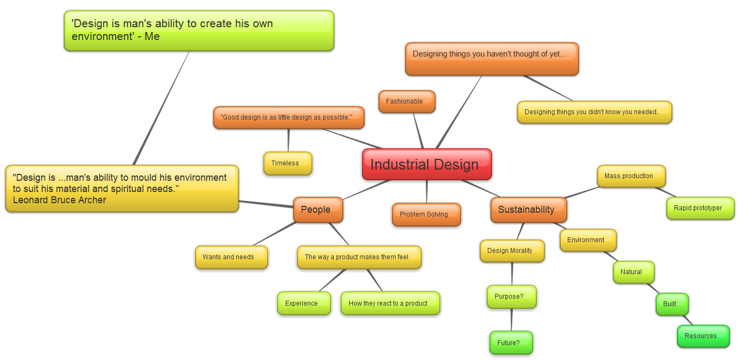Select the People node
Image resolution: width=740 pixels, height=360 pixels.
click(x=317, y=210)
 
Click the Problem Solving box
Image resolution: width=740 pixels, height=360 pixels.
click(x=426, y=214)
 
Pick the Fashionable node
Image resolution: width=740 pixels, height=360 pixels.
click(x=406, y=101)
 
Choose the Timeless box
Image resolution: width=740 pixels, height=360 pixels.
click(x=287, y=163)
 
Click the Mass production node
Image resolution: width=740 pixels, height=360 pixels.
click(x=631, y=176)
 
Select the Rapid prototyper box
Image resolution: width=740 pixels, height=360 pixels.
click(x=699, y=208)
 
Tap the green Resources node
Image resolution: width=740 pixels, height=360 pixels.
click(x=702, y=336)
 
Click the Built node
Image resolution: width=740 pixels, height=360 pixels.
click(x=671, y=304)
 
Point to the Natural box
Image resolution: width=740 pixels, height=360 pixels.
click(x=633, y=272)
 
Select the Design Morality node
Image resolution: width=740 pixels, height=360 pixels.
click(x=511, y=251)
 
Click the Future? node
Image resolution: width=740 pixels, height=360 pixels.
click(x=510, y=343)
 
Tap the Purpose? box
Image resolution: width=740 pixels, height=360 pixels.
click(x=511, y=297)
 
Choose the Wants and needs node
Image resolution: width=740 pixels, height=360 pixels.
click(x=230, y=257)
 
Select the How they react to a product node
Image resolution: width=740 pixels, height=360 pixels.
click(x=390, y=303)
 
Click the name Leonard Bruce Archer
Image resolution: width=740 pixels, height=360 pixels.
click(x=59, y=201)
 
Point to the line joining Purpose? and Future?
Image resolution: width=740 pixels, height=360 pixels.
click(x=511, y=320)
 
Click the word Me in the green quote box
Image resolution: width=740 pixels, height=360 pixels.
click(x=152, y=37)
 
